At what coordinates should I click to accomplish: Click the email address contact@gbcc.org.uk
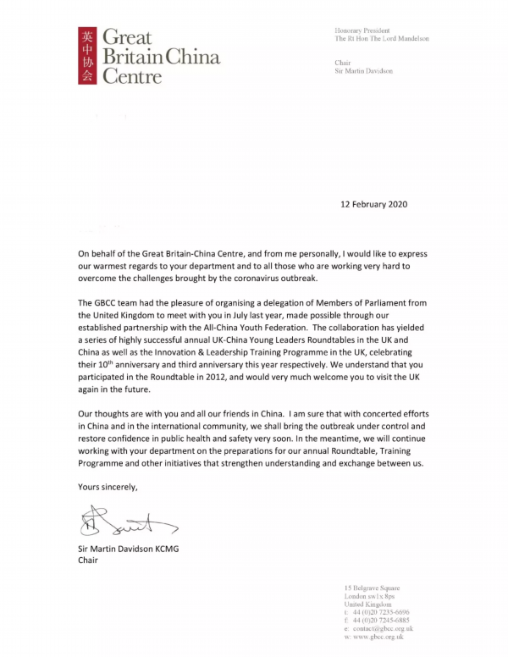(384, 629)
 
